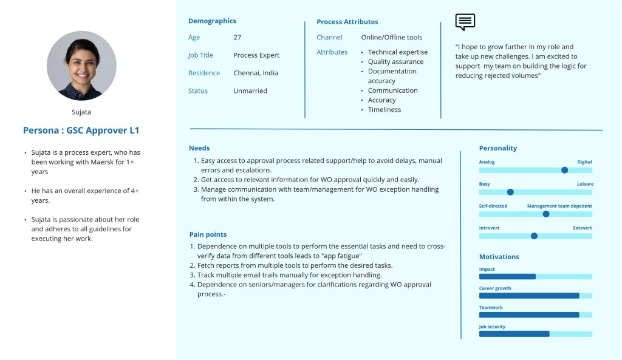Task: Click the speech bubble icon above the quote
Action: point(465,22)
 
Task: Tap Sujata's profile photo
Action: point(81,66)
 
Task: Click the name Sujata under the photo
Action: point(81,112)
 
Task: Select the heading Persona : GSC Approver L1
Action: point(81,131)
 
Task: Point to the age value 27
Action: point(237,38)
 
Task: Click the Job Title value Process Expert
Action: point(256,55)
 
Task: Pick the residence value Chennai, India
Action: point(256,73)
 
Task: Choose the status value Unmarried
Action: point(250,91)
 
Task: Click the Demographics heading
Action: point(212,21)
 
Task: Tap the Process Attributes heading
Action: point(347,22)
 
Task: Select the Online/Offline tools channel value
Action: point(392,38)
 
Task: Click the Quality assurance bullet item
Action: point(395,62)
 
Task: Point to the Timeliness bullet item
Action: point(384,110)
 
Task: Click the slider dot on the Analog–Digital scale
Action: point(564,171)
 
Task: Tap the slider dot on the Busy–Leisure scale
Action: point(510,192)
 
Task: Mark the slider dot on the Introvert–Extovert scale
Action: point(534,236)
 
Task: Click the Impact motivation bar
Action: point(507,276)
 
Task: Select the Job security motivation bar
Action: point(514,334)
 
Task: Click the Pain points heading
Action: point(208,234)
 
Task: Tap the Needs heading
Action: point(199,148)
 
